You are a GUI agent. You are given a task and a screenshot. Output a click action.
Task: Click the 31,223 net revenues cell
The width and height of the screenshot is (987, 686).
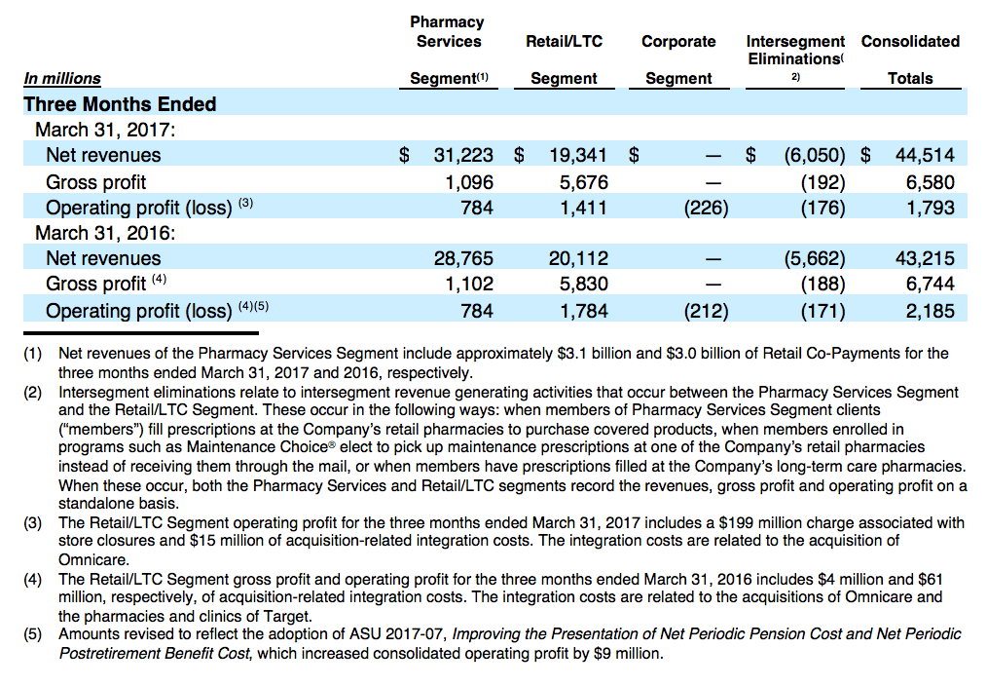click(463, 155)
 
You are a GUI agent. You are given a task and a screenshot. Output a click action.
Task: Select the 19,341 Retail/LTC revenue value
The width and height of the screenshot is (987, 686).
click(578, 155)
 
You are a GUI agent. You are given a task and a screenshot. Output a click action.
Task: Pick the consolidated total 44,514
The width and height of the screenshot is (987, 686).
click(925, 155)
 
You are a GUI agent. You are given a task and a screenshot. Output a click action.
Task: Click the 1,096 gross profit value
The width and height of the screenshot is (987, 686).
click(469, 182)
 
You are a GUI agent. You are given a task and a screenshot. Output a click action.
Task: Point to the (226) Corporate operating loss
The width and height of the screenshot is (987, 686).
click(707, 208)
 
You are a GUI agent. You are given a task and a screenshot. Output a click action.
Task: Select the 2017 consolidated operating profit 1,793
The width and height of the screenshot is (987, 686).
click(931, 208)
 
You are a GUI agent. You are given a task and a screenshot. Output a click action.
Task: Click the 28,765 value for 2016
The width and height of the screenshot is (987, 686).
click(463, 258)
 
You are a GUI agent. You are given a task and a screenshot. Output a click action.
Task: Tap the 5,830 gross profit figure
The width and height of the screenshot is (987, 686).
click(584, 284)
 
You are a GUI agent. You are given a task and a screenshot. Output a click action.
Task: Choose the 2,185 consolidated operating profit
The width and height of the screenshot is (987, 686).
click(931, 311)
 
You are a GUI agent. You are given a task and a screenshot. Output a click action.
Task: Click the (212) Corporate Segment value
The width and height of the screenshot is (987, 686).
click(707, 311)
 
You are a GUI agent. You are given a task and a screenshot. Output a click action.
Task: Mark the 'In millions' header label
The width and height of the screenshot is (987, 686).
click(62, 79)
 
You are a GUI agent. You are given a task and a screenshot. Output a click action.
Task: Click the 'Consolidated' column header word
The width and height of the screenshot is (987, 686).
click(910, 42)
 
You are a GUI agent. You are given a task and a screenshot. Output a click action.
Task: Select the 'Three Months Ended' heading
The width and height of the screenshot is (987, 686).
click(120, 104)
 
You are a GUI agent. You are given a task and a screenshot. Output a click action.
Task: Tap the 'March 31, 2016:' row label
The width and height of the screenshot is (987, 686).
click(105, 233)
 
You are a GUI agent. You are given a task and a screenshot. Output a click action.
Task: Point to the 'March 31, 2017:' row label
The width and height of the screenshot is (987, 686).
click(105, 130)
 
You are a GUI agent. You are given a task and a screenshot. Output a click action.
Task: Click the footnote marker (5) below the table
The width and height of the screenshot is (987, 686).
click(33, 634)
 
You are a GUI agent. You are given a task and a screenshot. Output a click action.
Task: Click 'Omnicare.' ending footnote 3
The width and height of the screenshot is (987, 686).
click(93, 560)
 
